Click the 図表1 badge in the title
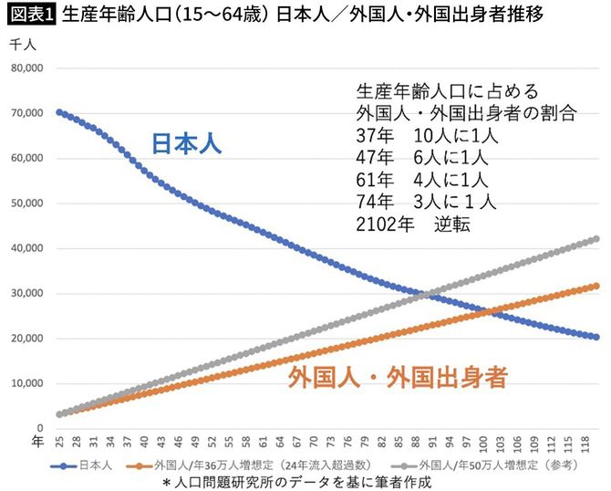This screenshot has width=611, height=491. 29,16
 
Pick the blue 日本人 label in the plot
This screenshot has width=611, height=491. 186,144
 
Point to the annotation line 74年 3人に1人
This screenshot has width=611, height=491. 428,202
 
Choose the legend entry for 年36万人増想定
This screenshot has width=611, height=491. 264,464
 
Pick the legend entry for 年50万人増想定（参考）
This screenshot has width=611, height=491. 492,464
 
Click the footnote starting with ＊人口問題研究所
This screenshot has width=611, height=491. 295,481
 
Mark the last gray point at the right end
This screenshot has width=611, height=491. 595,239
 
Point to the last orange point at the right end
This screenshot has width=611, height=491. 595,286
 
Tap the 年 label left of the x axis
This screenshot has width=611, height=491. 36,441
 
